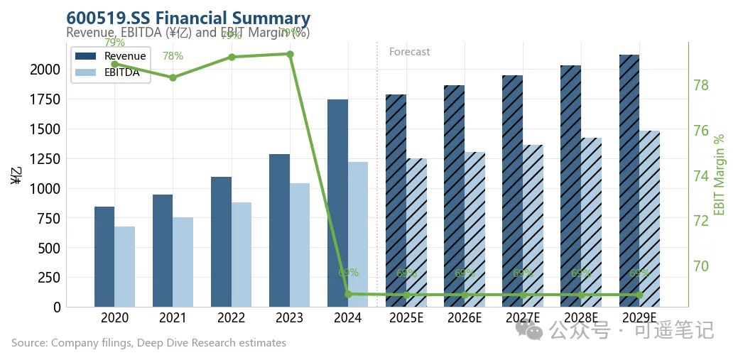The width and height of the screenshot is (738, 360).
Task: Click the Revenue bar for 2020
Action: click(x=104, y=256)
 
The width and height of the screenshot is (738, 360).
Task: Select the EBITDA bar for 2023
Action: click(x=299, y=245)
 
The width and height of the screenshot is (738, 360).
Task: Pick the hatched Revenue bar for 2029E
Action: click(x=629, y=180)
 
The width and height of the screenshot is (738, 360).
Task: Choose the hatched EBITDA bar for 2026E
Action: click(x=474, y=229)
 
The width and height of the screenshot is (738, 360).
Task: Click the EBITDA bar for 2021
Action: click(x=183, y=262)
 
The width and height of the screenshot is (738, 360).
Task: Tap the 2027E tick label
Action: click(x=522, y=317)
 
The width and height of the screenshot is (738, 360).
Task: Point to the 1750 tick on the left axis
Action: click(x=45, y=99)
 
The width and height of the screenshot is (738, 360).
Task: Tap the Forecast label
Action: click(x=409, y=52)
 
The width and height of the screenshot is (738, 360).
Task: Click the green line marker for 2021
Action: click(x=173, y=77)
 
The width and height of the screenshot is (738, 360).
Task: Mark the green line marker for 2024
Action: click(x=348, y=294)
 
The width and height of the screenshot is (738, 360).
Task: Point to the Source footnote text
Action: click(x=148, y=343)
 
